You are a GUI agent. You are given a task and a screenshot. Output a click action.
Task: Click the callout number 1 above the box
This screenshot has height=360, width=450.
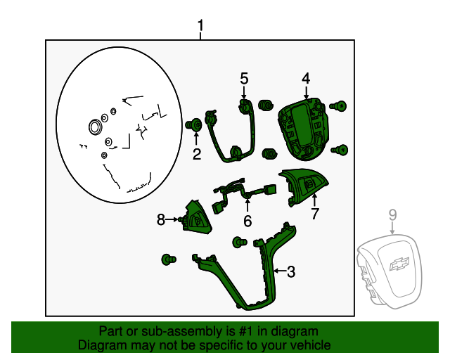tap(200, 25)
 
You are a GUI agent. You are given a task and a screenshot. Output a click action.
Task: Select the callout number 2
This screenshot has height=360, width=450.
tap(197, 155)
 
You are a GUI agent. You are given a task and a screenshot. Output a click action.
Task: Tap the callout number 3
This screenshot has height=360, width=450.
tap(291, 271)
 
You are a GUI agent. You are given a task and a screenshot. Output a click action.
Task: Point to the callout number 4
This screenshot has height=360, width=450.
tap(306, 78)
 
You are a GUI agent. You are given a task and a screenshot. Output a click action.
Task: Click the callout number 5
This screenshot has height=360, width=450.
tap(244, 78)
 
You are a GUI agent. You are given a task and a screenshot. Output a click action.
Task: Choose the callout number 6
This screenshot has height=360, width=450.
tap(247, 221)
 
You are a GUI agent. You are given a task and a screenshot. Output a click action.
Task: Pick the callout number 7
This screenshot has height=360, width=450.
tap(315, 214)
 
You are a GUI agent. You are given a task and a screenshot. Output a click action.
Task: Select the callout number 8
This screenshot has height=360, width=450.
tap(161, 220)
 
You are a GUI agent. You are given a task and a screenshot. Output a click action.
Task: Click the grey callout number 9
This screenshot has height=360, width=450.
tap(392, 215)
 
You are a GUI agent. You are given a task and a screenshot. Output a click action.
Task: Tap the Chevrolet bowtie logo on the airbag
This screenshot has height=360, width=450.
tap(399, 264)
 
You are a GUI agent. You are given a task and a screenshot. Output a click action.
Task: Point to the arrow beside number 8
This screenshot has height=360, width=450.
tap(172, 219)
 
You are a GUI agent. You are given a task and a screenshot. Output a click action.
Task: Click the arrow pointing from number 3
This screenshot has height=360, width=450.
tap(280, 271)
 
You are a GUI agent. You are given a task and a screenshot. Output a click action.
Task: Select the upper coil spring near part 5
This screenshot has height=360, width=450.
tap(266, 105)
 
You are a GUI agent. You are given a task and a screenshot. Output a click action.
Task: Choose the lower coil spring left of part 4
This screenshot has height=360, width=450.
tap(270, 153)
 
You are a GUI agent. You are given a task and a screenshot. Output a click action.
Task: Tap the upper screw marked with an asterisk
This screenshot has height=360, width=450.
tap(339, 106)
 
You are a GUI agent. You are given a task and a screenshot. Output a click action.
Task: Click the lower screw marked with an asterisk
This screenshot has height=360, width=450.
tap(340, 150)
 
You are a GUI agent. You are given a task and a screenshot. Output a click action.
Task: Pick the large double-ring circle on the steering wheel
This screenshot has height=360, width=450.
tap(95, 127)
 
